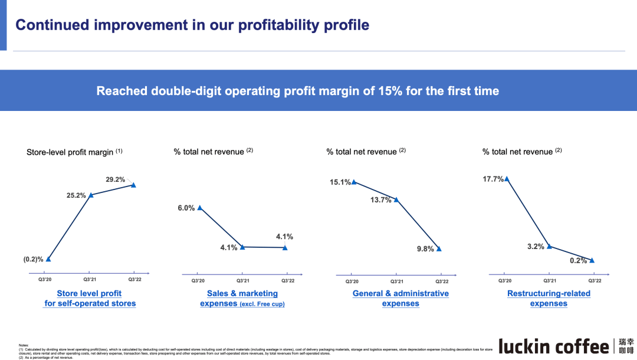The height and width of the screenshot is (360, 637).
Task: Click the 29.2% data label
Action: [x=116, y=179]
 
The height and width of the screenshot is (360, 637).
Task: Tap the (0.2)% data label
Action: [x=34, y=259]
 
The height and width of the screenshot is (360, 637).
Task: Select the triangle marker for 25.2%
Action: [x=90, y=195]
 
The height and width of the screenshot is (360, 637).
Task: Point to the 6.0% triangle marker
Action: [x=200, y=208]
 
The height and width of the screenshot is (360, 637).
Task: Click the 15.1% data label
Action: [x=340, y=182]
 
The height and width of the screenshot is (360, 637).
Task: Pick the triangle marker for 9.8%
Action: [x=438, y=249]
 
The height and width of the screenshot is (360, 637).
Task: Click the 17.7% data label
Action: [x=493, y=179]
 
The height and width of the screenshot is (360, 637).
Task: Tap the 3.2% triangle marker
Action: [x=549, y=247]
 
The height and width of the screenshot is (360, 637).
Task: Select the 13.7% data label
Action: [x=381, y=200]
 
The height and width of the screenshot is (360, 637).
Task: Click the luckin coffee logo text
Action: [x=554, y=345]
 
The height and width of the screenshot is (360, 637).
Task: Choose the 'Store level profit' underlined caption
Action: [x=89, y=293]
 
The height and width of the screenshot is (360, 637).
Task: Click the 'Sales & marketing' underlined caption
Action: [x=242, y=293]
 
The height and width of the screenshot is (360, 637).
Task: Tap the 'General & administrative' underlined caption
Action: [x=400, y=293]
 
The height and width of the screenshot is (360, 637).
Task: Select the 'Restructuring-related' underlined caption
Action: [x=549, y=293]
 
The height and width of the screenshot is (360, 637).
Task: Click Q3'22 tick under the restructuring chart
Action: [x=595, y=281]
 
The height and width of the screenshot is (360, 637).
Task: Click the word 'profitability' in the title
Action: [x=284, y=25]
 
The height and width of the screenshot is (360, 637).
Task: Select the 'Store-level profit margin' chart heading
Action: [x=70, y=152]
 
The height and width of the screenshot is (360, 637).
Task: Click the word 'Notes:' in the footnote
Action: [x=23, y=345]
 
